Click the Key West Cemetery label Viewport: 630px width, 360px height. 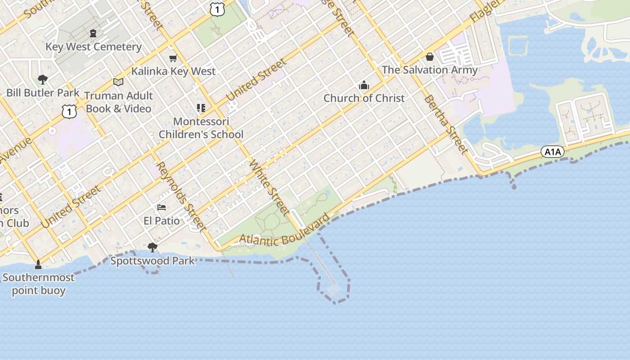tap(94, 47)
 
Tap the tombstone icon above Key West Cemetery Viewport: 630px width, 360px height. tap(93, 33)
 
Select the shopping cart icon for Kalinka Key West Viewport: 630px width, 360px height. tap(173, 58)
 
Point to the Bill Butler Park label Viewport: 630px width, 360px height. tap(43, 93)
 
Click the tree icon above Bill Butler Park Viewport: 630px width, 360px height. tap(43, 80)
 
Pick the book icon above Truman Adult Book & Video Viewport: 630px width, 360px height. tap(118, 82)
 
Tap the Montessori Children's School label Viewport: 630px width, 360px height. tap(201, 128)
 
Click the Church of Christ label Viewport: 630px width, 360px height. tap(364, 98)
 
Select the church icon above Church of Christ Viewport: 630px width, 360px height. tap(364, 85)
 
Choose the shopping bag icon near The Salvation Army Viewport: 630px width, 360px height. tap(430, 57)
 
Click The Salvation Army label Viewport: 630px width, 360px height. tap(430, 70)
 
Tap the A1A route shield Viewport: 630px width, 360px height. tap(552, 152)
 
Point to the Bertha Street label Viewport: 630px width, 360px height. tap(446, 124)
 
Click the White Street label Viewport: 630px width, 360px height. tap(269, 187)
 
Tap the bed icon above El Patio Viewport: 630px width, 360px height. tap(162, 207)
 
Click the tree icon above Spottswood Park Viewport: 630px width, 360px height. tap(153, 247)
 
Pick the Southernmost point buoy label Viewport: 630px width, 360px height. tap(38, 284)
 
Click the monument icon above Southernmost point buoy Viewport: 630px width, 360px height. tap(38, 264)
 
